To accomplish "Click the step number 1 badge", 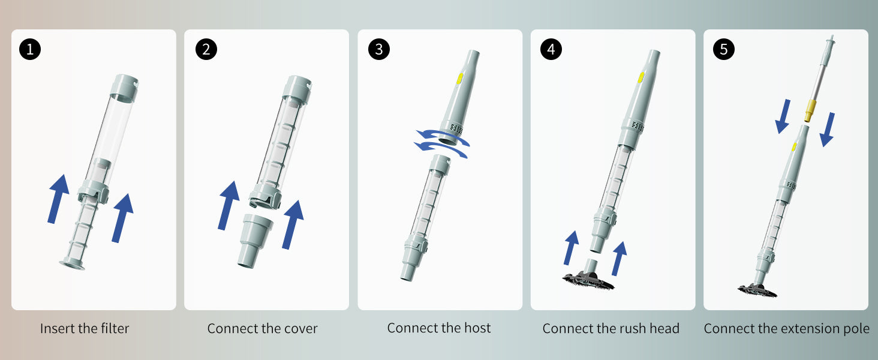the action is (30, 49).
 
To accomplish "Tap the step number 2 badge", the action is (206, 49).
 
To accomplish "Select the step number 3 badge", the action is (378, 49).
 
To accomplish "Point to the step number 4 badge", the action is (551, 49).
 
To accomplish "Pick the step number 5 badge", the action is (723, 49).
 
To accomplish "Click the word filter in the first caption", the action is (115, 328).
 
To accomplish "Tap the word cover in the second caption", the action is (302, 329).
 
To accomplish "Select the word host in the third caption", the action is (477, 328).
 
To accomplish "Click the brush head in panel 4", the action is (588, 277).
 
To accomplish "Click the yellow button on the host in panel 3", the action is (460, 79).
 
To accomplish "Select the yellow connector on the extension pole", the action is (810, 110).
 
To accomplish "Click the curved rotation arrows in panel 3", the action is (442, 145).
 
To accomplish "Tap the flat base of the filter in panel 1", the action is (72, 265).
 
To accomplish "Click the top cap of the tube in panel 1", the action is (124, 89).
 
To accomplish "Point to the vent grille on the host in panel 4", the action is (638, 126).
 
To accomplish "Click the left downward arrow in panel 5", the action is (783, 117).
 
